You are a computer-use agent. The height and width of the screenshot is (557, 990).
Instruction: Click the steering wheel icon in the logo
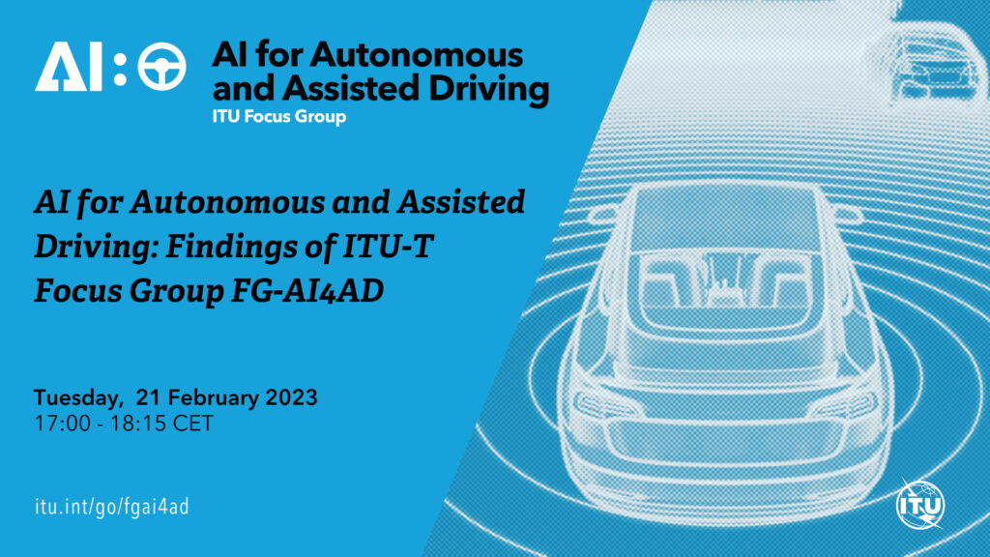point(161,69)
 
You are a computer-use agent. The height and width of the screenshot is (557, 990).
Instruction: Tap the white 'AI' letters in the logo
point(69,69)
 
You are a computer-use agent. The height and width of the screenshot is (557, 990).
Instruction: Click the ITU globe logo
point(919,504)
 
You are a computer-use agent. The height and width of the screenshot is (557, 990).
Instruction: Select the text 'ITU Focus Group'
point(278,118)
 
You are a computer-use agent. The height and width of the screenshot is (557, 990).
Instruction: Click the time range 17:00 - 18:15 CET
point(124,423)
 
